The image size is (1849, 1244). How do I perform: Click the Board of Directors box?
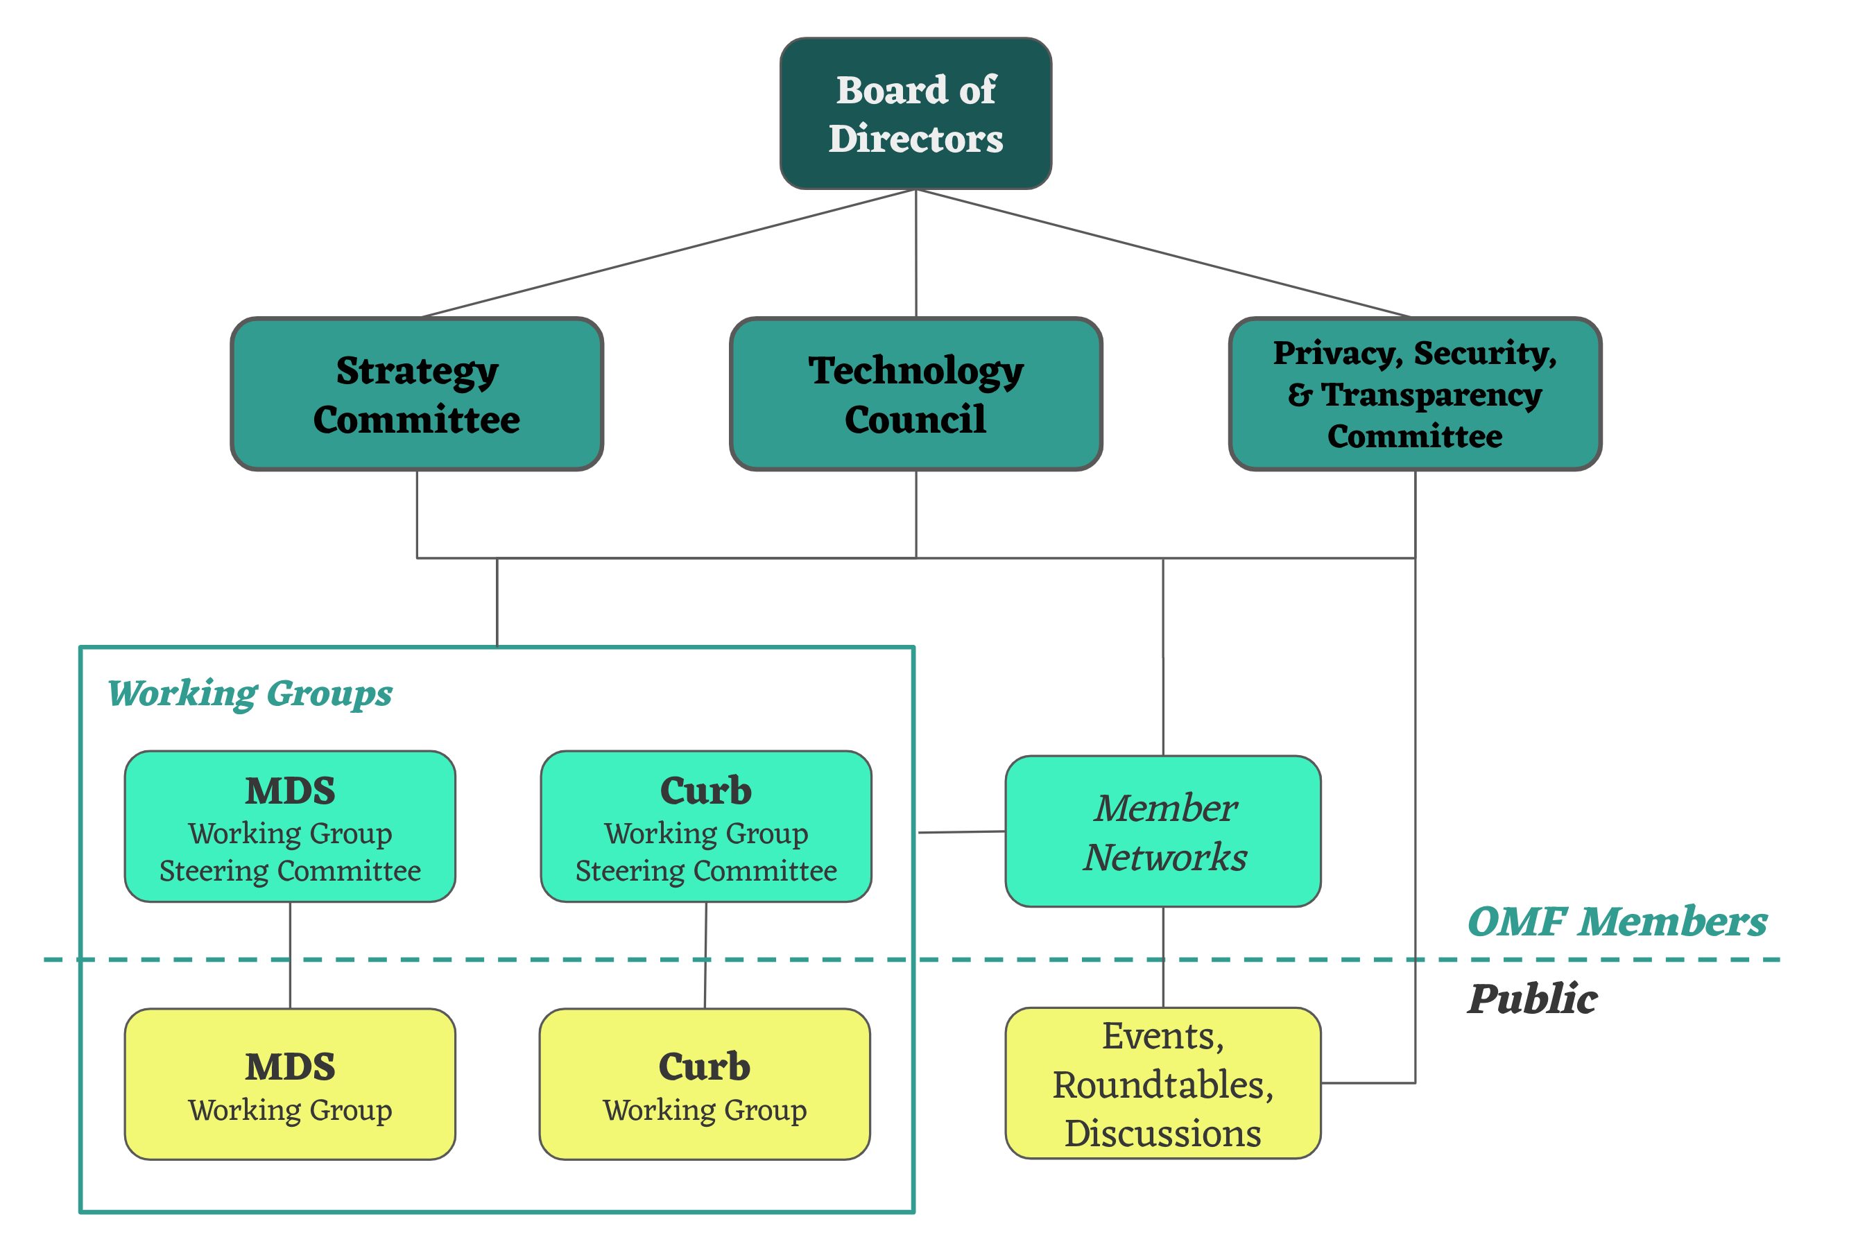point(915,114)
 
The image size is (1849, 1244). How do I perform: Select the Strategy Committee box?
point(417,395)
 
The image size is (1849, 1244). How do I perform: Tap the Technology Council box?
point(915,395)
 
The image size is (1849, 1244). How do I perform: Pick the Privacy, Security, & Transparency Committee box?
point(1414,395)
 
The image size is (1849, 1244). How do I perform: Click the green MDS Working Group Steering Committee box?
point(290,827)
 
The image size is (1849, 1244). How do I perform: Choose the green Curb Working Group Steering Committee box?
point(705,827)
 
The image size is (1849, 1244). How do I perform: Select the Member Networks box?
point(1162,831)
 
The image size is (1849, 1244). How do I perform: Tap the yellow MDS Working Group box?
point(290,1084)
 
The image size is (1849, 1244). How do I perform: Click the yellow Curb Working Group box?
point(705,1084)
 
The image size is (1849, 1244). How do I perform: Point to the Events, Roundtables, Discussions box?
point(1162,1084)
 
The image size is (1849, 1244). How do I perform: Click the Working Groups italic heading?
point(250,693)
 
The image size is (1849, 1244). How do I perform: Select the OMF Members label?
point(1617,922)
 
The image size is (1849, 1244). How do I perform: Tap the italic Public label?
point(1531,999)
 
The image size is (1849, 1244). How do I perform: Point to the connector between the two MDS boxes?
point(290,956)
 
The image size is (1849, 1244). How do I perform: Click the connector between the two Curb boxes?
point(705,956)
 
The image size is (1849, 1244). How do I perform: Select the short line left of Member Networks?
point(961,832)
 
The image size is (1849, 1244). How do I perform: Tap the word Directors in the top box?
point(915,139)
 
